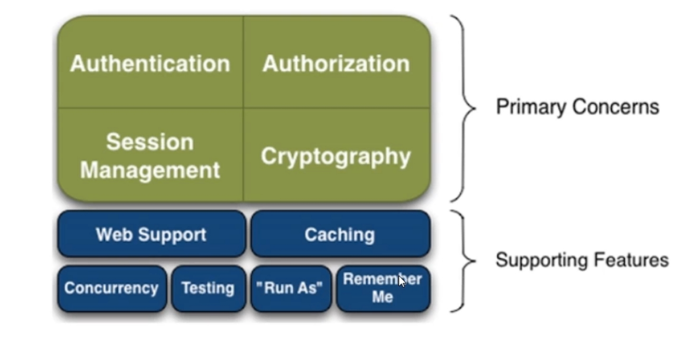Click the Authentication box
click(150, 63)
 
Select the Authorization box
click(336, 63)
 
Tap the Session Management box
click(150, 156)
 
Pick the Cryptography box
click(336, 156)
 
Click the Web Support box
click(151, 234)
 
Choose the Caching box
click(340, 234)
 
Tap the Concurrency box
click(112, 288)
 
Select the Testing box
click(208, 288)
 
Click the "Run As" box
click(291, 288)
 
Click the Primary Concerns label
click(577, 107)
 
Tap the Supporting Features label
click(582, 259)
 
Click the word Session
click(150, 142)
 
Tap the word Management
click(150, 170)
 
